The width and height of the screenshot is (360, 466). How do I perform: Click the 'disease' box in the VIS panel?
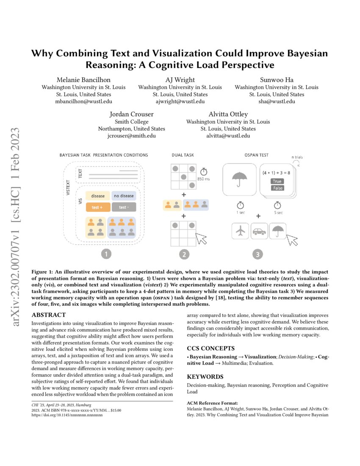point(98,196)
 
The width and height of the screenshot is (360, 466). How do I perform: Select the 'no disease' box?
point(123,196)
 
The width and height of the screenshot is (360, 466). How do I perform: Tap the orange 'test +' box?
point(98,208)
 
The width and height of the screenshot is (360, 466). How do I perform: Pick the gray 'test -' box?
point(123,208)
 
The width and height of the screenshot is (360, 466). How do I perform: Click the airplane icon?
point(241,231)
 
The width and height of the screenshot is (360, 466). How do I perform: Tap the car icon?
point(259,231)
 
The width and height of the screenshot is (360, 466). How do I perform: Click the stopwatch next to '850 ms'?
point(203,172)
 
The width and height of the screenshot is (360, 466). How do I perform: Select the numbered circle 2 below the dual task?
point(184,254)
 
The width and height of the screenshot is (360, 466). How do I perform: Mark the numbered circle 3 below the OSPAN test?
point(258,254)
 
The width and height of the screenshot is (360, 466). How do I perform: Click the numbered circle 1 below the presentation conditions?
point(106,254)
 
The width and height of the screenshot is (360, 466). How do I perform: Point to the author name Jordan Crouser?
point(132,114)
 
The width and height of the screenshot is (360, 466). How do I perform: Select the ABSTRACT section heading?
point(49,315)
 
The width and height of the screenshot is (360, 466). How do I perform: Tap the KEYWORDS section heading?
point(205,377)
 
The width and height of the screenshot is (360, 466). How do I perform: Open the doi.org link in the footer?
point(67,415)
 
